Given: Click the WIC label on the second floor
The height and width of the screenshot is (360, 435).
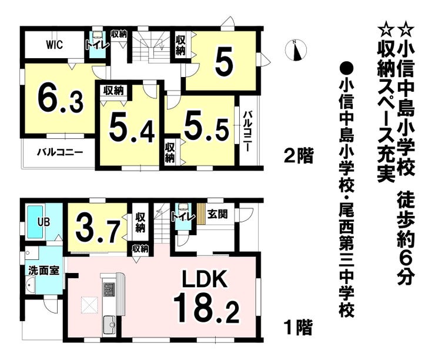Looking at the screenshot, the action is click(x=54, y=45).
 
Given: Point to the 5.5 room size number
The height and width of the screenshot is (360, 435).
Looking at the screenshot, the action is click(x=207, y=126).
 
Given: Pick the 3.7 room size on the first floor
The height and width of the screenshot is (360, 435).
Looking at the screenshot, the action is click(x=98, y=228).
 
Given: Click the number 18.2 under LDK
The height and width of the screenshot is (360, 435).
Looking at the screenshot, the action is click(x=206, y=308).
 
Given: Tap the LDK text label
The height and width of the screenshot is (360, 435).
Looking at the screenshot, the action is click(x=205, y=278).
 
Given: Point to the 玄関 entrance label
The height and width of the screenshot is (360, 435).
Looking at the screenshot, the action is click(x=217, y=214).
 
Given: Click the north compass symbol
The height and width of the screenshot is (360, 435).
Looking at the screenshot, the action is click(x=296, y=50).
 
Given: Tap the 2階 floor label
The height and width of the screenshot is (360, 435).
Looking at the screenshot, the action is click(x=299, y=155).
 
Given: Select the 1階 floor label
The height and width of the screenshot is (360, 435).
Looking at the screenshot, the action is click(x=298, y=328).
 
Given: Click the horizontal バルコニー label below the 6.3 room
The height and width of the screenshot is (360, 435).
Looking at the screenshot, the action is click(x=60, y=152).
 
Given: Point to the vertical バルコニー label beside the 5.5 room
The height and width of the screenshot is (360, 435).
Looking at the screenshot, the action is click(x=247, y=131).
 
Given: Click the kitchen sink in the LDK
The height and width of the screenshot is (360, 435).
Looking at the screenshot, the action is click(x=110, y=325).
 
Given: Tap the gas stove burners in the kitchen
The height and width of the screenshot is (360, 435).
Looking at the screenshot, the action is click(x=109, y=289).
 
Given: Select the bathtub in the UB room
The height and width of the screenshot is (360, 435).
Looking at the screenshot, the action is click(x=35, y=222).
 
